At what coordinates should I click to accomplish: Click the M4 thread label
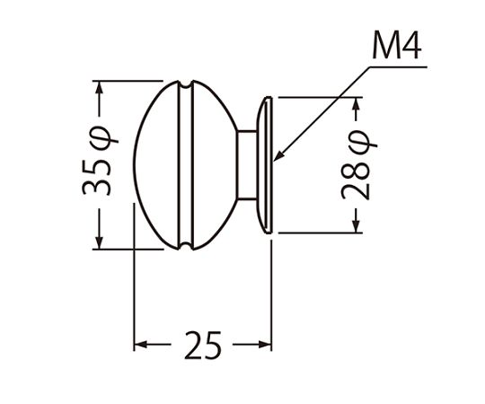(x=397, y=45)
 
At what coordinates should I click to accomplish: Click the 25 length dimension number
(x=203, y=345)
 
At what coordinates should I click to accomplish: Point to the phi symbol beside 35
(x=104, y=138)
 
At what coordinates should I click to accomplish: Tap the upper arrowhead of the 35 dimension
(x=99, y=88)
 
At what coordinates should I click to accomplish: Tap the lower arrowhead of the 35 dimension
(x=99, y=242)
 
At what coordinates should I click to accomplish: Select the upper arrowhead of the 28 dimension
(x=356, y=105)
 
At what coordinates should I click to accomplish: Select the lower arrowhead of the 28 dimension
(x=356, y=225)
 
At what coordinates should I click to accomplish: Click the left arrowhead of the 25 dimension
(x=141, y=344)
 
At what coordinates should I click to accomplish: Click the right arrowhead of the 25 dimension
(x=265, y=344)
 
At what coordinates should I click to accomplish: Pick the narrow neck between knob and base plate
(x=247, y=165)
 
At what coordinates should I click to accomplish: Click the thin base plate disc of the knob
(x=265, y=165)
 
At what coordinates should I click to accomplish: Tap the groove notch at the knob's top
(x=186, y=84)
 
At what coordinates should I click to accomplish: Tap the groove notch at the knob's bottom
(x=186, y=246)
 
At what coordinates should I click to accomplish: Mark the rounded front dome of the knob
(x=156, y=165)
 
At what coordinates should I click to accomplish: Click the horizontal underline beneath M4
(x=398, y=66)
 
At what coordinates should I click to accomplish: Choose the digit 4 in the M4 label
(x=410, y=45)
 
